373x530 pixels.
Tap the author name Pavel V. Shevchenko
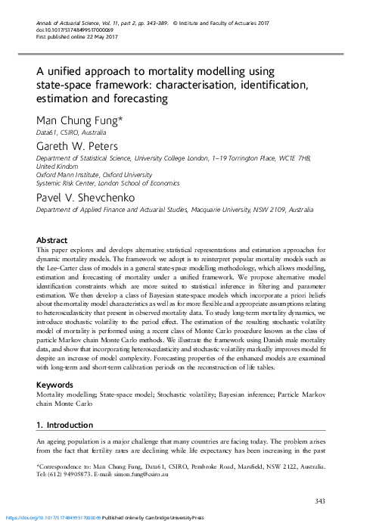click(85, 197)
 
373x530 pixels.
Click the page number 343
click(319, 502)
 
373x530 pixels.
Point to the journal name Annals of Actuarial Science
click(69, 7)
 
